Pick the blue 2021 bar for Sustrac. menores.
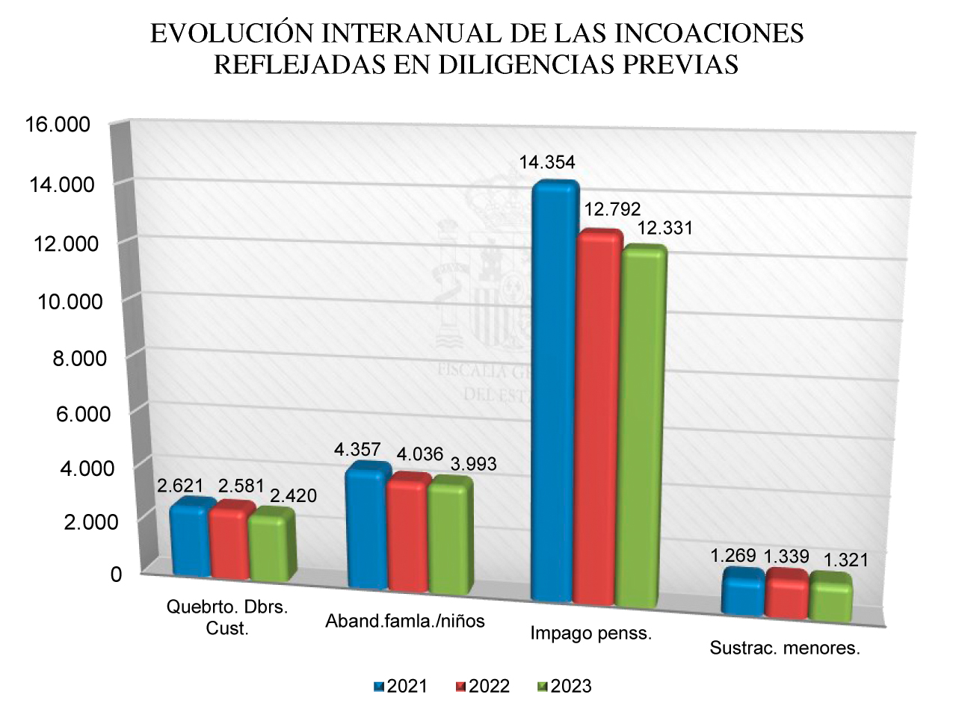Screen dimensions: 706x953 743,592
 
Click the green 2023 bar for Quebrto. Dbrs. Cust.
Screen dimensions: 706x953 271,545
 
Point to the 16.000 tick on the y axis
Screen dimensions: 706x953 58,125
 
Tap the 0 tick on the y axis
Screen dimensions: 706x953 95,575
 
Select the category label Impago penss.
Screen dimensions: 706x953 591,634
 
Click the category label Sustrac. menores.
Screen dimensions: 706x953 785,648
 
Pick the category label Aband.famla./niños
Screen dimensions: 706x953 406,622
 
